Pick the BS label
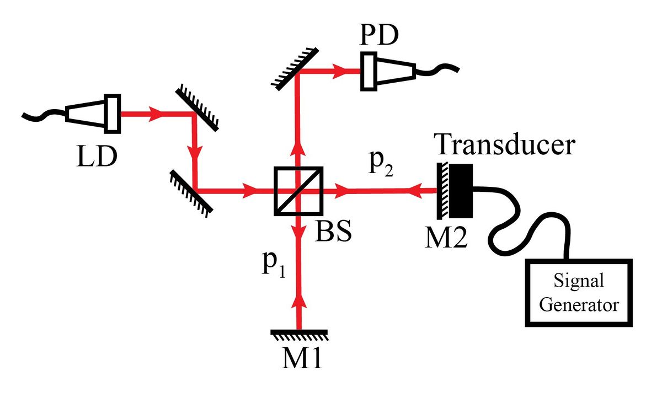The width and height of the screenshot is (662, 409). pos(333,232)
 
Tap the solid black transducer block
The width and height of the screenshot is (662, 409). pos(461,191)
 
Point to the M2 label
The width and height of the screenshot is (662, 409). pos(446,238)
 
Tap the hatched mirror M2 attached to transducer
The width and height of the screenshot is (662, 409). pos(442,191)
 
